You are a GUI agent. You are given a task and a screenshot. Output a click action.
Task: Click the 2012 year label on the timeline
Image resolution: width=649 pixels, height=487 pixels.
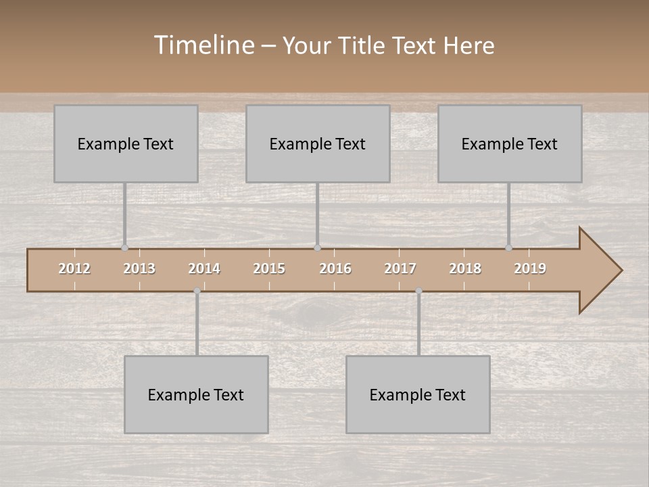[74, 269]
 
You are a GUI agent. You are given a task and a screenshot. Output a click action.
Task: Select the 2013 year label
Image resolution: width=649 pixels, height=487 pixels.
[139, 269]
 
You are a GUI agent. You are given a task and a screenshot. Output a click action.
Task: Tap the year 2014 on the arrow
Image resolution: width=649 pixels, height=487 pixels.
[204, 269]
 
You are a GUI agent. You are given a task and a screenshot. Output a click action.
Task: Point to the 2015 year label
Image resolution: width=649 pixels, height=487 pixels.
[269, 269]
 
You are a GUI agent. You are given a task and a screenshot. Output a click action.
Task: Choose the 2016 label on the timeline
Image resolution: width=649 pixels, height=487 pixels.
[335, 269]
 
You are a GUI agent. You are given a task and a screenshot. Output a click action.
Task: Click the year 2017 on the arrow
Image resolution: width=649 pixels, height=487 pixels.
[400, 269]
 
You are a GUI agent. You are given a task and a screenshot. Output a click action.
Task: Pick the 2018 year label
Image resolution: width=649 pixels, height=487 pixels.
[465, 269]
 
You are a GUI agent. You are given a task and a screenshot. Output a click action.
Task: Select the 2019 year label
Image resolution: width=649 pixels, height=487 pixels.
[530, 269]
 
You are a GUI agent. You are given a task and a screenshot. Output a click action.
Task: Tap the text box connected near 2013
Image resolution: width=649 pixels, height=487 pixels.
[126, 143]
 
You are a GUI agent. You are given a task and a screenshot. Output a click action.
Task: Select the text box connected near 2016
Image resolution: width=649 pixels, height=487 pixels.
[318, 143]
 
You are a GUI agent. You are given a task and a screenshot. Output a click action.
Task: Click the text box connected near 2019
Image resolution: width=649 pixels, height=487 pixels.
[510, 143]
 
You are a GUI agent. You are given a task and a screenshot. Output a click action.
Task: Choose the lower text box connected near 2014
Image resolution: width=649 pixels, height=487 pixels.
[196, 394]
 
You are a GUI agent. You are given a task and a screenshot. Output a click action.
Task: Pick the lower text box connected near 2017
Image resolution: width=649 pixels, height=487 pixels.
[418, 394]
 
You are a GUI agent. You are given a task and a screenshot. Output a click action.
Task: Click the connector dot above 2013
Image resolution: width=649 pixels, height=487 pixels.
[124, 248]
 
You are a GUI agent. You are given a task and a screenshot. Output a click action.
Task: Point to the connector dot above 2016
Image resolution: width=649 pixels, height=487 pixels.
[317, 248]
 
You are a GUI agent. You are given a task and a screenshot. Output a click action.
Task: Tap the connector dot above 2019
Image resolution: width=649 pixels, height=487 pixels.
[508, 248]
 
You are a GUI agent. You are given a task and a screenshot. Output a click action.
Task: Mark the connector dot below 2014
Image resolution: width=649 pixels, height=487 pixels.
[197, 291]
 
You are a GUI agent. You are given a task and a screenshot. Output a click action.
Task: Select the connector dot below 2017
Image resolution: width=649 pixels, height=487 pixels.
[418, 291]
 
